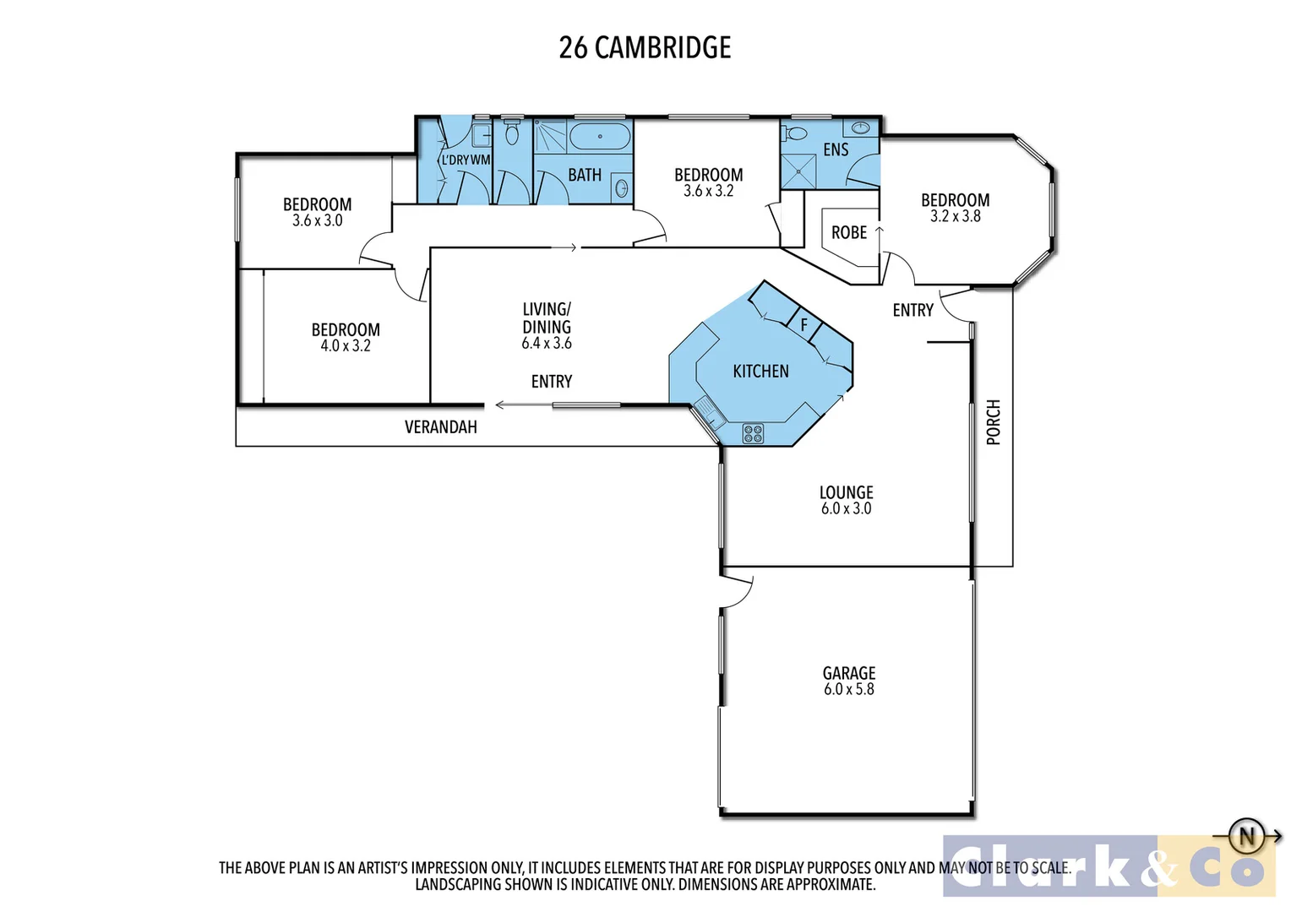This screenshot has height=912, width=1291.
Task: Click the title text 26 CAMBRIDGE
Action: coord(645,48)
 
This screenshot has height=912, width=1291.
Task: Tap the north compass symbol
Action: coord(1247,837)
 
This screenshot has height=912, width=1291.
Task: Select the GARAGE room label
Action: coord(848,673)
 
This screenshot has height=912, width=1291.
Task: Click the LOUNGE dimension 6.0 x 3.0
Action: coord(846,508)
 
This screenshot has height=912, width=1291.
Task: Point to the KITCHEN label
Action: coord(760,372)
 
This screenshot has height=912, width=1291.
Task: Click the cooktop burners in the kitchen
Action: coord(753,434)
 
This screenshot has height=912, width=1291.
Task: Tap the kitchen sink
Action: coord(707,415)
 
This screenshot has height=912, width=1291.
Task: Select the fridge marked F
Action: coord(803,324)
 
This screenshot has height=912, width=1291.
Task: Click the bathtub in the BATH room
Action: coord(600,136)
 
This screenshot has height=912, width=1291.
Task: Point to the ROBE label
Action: coord(849,233)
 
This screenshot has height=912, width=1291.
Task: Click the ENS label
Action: coord(836,150)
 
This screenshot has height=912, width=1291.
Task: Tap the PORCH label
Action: coord(994,422)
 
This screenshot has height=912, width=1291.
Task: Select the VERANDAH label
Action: coord(440,427)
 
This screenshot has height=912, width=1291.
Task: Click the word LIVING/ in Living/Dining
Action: coord(547,310)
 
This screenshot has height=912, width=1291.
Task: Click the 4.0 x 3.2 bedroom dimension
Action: coord(345,346)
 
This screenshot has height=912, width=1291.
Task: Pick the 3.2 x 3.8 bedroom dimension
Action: coord(955,216)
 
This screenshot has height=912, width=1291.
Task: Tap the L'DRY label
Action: coord(455,160)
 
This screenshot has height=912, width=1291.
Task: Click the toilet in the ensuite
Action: coord(794,133)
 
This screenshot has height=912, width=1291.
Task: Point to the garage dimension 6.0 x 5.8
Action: coord(848,690)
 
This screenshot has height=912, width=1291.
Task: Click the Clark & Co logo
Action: coord(1108,866)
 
